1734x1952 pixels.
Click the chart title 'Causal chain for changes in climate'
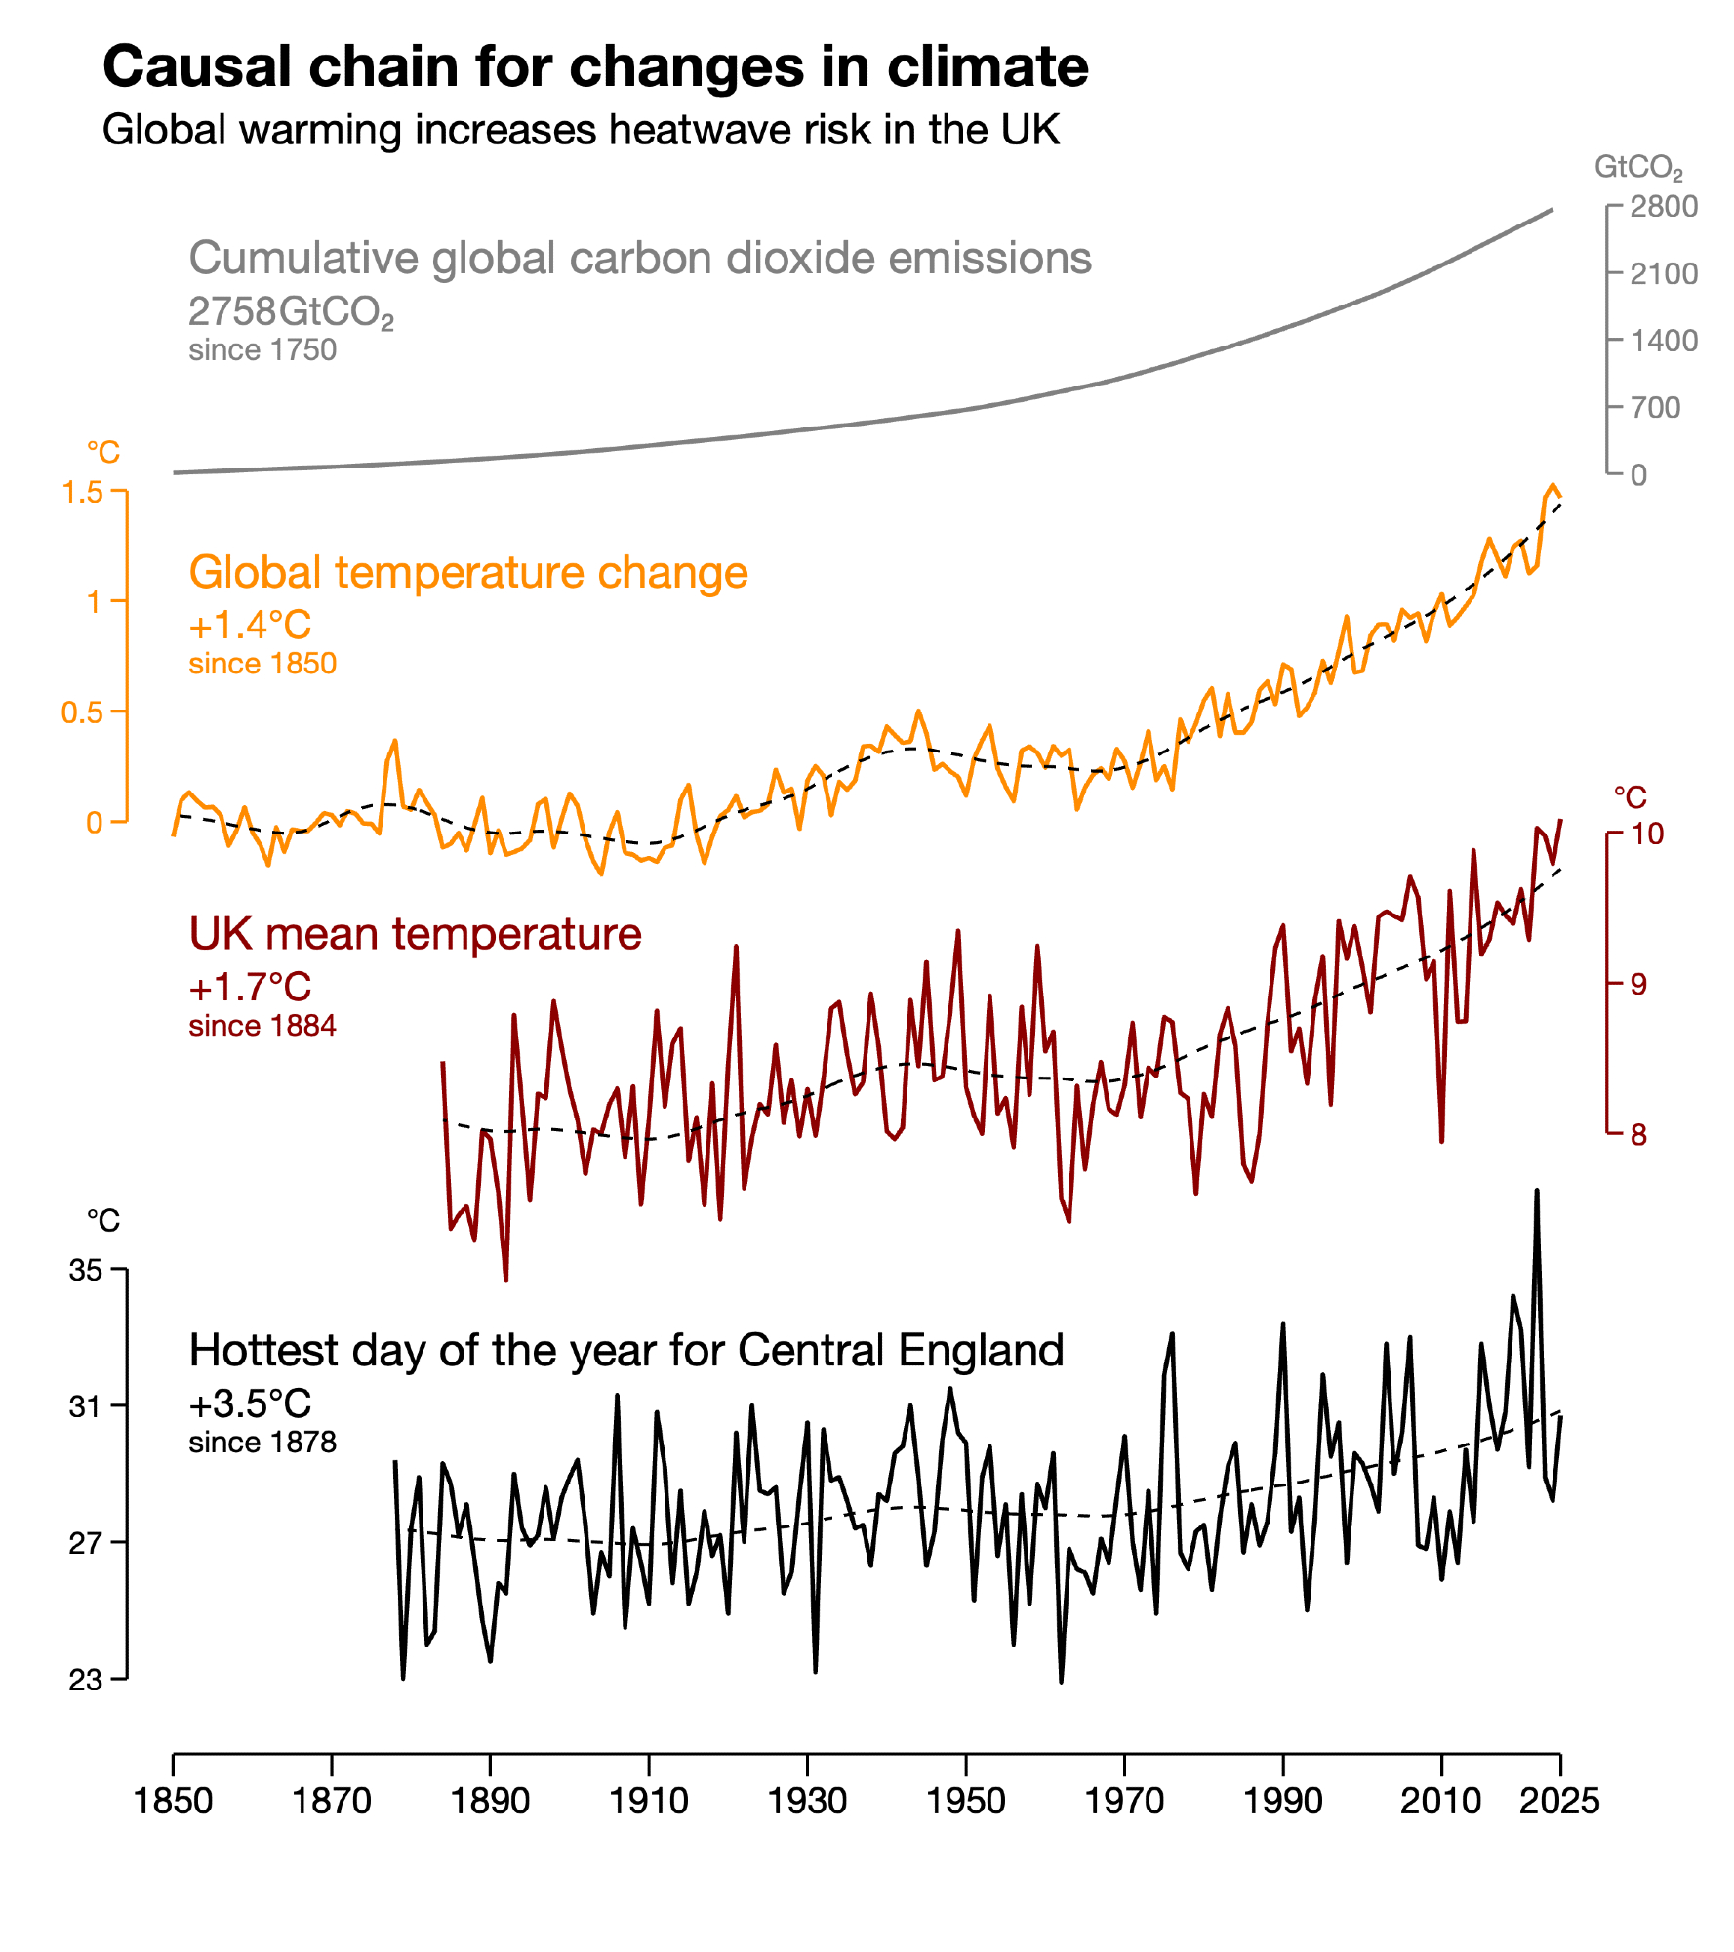[595, 67]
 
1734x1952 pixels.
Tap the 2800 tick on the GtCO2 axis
[1663, 207]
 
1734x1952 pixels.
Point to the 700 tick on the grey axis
[1655, 407]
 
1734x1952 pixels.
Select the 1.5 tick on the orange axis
[83, 492]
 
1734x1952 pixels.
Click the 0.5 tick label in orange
[83, 712]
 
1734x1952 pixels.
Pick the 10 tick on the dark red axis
[1647, 834]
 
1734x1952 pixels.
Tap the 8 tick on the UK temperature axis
[1638, 1134]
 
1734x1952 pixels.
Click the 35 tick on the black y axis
[86, 1270]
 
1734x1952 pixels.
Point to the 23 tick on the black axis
[86, 1680]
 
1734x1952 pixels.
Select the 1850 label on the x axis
[173, 1801]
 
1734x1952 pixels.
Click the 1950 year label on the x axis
[965, 1801]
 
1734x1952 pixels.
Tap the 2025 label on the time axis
[1559, 1801]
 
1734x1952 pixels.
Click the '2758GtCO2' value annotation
[291, 312]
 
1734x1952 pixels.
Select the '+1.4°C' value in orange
[250, 625]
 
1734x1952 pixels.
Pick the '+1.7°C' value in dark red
[250, 987]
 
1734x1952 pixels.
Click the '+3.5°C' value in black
[250, 1403]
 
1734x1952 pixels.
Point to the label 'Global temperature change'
[468, 573]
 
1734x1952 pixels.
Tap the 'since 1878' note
[262, 1443]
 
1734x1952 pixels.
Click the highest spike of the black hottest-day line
[1537, 1192]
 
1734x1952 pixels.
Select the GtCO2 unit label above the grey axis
[1637, 168]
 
